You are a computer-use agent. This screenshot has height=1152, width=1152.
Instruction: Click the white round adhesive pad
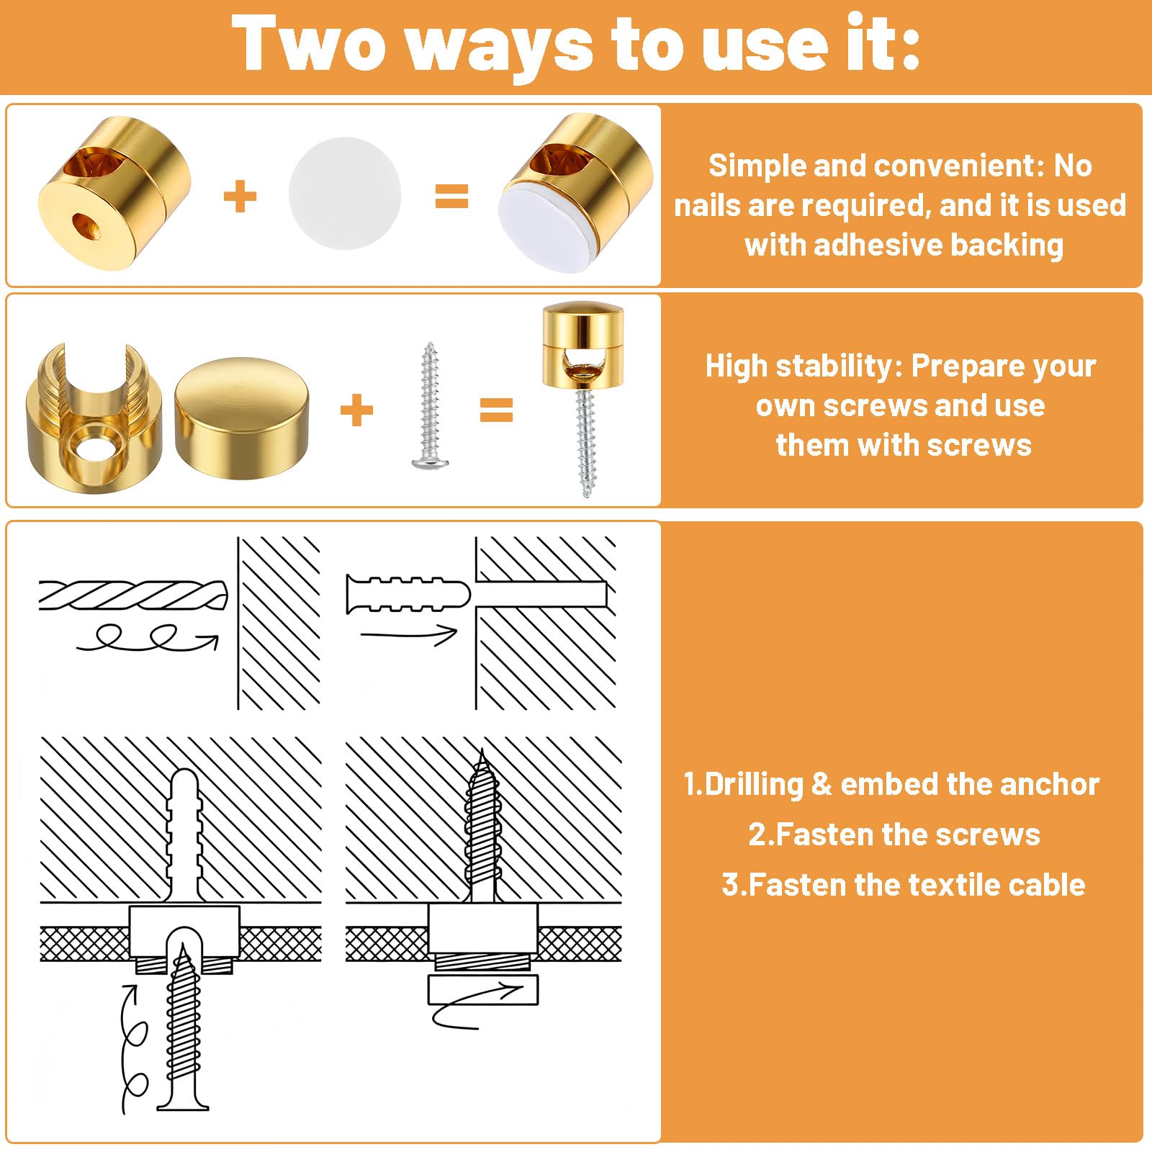(x=345, y=193)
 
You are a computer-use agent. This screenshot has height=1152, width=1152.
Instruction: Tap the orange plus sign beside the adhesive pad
(x=240, y=197)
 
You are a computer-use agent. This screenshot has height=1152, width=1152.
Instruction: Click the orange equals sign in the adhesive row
(x=452, y=196)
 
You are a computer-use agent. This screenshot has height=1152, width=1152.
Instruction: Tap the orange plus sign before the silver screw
(x=356, y=410)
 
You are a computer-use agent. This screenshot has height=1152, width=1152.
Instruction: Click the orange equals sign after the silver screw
(x=497, y=410)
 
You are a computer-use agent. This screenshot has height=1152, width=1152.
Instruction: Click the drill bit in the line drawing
(x=133, y=595)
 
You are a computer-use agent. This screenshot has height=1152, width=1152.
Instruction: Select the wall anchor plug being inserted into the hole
(x=408, y=594)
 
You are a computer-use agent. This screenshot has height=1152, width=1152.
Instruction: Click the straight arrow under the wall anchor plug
(x=408, y=634)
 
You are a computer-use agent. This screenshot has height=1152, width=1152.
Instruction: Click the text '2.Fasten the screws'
(x=894, y=834)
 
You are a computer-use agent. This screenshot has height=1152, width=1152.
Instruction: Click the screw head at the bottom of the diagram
(x=183, y=1101)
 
